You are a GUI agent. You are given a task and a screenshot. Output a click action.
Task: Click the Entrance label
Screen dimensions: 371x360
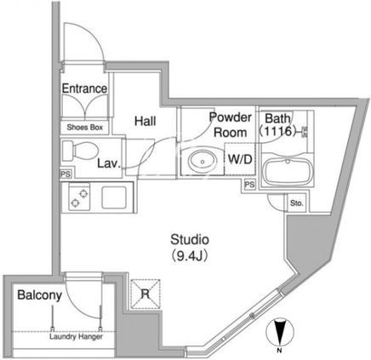pos(84,89)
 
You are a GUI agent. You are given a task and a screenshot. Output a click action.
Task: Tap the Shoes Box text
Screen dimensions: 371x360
pos(85,128)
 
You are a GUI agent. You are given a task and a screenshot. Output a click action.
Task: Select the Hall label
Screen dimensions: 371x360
pos(146,121)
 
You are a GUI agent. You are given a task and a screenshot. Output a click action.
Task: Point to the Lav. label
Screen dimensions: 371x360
pos(109,163)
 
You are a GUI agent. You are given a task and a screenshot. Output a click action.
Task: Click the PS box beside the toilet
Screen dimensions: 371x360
pos(66,174)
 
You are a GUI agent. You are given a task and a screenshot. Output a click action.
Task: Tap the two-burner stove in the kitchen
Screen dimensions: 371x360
pos(79,197)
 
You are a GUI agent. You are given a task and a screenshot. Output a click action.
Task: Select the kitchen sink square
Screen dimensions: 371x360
pos(114,197)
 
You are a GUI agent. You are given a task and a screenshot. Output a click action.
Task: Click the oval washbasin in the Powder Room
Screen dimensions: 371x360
pos(203,161)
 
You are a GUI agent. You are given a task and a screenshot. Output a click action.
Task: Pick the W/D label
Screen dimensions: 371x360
pos(240,159)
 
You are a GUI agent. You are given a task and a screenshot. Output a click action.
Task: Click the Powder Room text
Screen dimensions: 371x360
pos(230,125)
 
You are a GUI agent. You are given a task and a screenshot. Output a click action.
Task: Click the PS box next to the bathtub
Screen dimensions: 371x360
pos(249,185)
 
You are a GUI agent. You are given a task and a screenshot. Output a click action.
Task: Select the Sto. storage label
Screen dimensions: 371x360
pos(297,203)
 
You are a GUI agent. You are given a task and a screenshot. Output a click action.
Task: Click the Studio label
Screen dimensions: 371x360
pos(190,240)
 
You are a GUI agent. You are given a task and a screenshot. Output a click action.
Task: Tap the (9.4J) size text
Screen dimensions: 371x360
pos(190,256)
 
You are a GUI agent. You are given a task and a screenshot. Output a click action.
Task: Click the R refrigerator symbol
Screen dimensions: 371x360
pos(146,294)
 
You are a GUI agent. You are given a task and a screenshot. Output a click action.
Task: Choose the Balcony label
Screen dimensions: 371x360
pos(39,295)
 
